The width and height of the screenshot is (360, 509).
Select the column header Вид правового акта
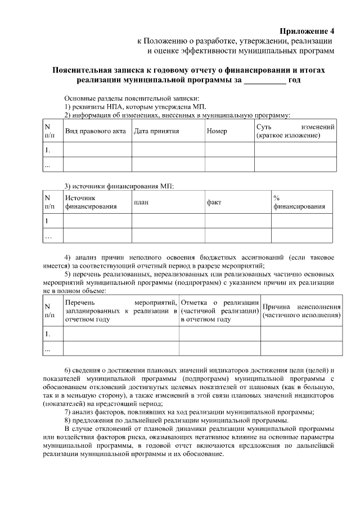tap(95, 131)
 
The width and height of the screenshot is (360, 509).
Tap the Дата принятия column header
tap(156, 131)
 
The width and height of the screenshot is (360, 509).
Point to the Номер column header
tap(217, 131)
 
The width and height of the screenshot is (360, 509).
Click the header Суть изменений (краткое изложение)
tap(295, 131)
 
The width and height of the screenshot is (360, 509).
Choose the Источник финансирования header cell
tap(91, 202)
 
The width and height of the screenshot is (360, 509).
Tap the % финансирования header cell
tap(299, 202)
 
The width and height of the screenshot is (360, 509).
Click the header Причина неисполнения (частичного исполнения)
tap(301, 311)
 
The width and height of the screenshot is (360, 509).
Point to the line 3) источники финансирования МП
tap(119, 186)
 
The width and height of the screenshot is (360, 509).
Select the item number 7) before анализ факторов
tap(68, 412)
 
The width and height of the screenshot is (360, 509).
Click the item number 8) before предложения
tap(68, 420)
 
